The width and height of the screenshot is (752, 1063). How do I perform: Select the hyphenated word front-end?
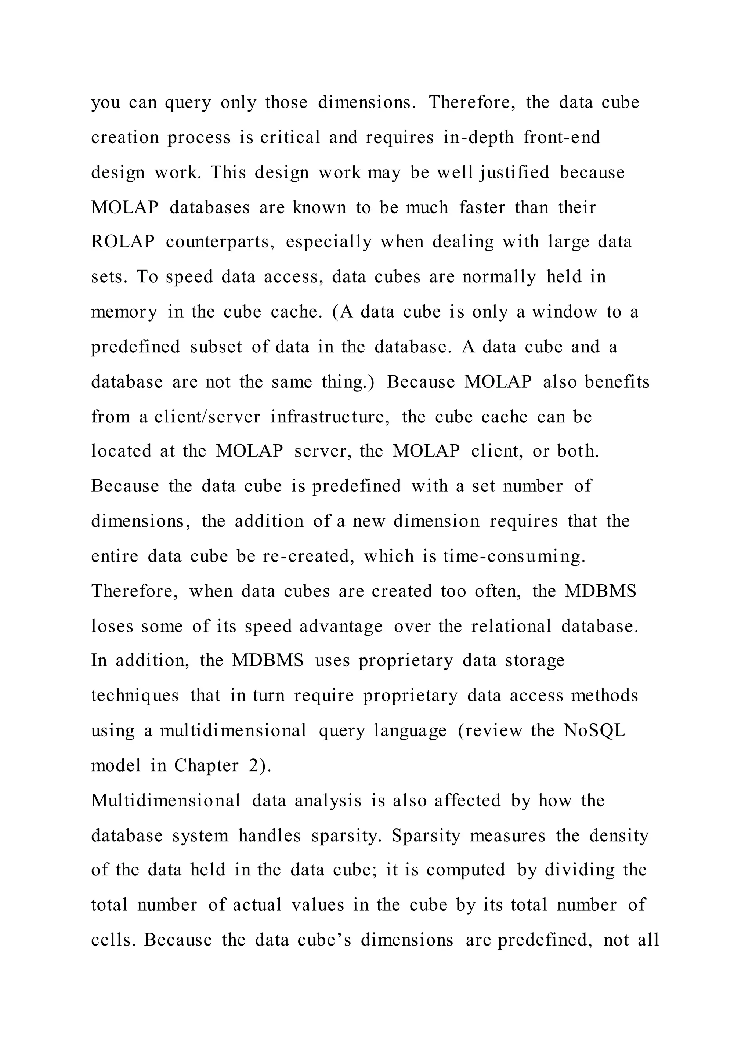pyautogui.click(x=562, y=138)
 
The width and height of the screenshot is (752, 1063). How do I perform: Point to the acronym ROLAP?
pyautogui.click(x=123, y=242)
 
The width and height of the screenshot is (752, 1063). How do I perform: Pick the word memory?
pyautogui.click(x=124, y=312)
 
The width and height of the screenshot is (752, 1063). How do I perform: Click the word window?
pyautogui.click(x=564, y=312)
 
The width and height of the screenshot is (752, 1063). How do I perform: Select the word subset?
pyautogui.click(x=216, y=347)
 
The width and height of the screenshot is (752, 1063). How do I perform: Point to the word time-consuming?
pyautogui.click(x=514, y=556)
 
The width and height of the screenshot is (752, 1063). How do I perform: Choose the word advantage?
pyautogui.click(x=341, y=627)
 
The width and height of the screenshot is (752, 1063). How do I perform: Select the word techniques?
pyautogui.click(x=135, y=696)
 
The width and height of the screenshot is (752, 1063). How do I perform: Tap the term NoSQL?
pyautogui.click(x=594, y=730)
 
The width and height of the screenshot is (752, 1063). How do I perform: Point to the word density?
pyautogui.click(x=619, y=836)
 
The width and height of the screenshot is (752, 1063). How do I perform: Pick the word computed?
pyautogui.click(x=466, y=870)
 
